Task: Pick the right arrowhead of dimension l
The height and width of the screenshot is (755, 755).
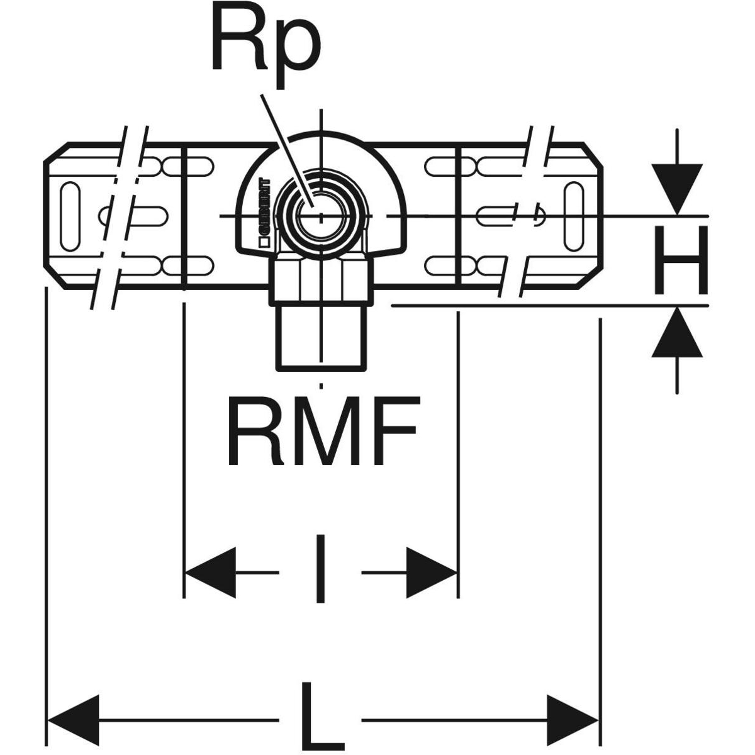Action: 432,572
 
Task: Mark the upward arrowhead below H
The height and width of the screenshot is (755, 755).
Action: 677,333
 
